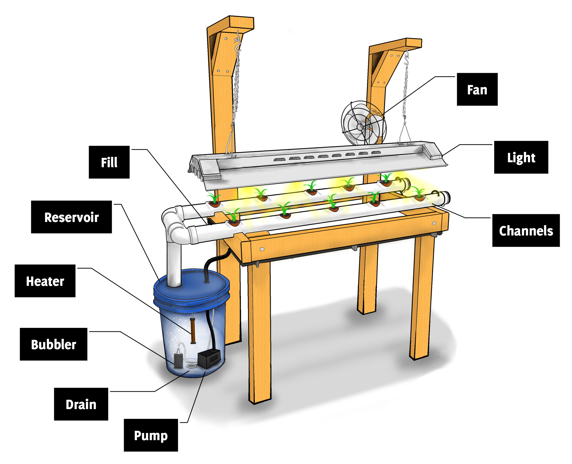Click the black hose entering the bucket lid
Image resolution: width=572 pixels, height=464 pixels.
coord(207,270)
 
